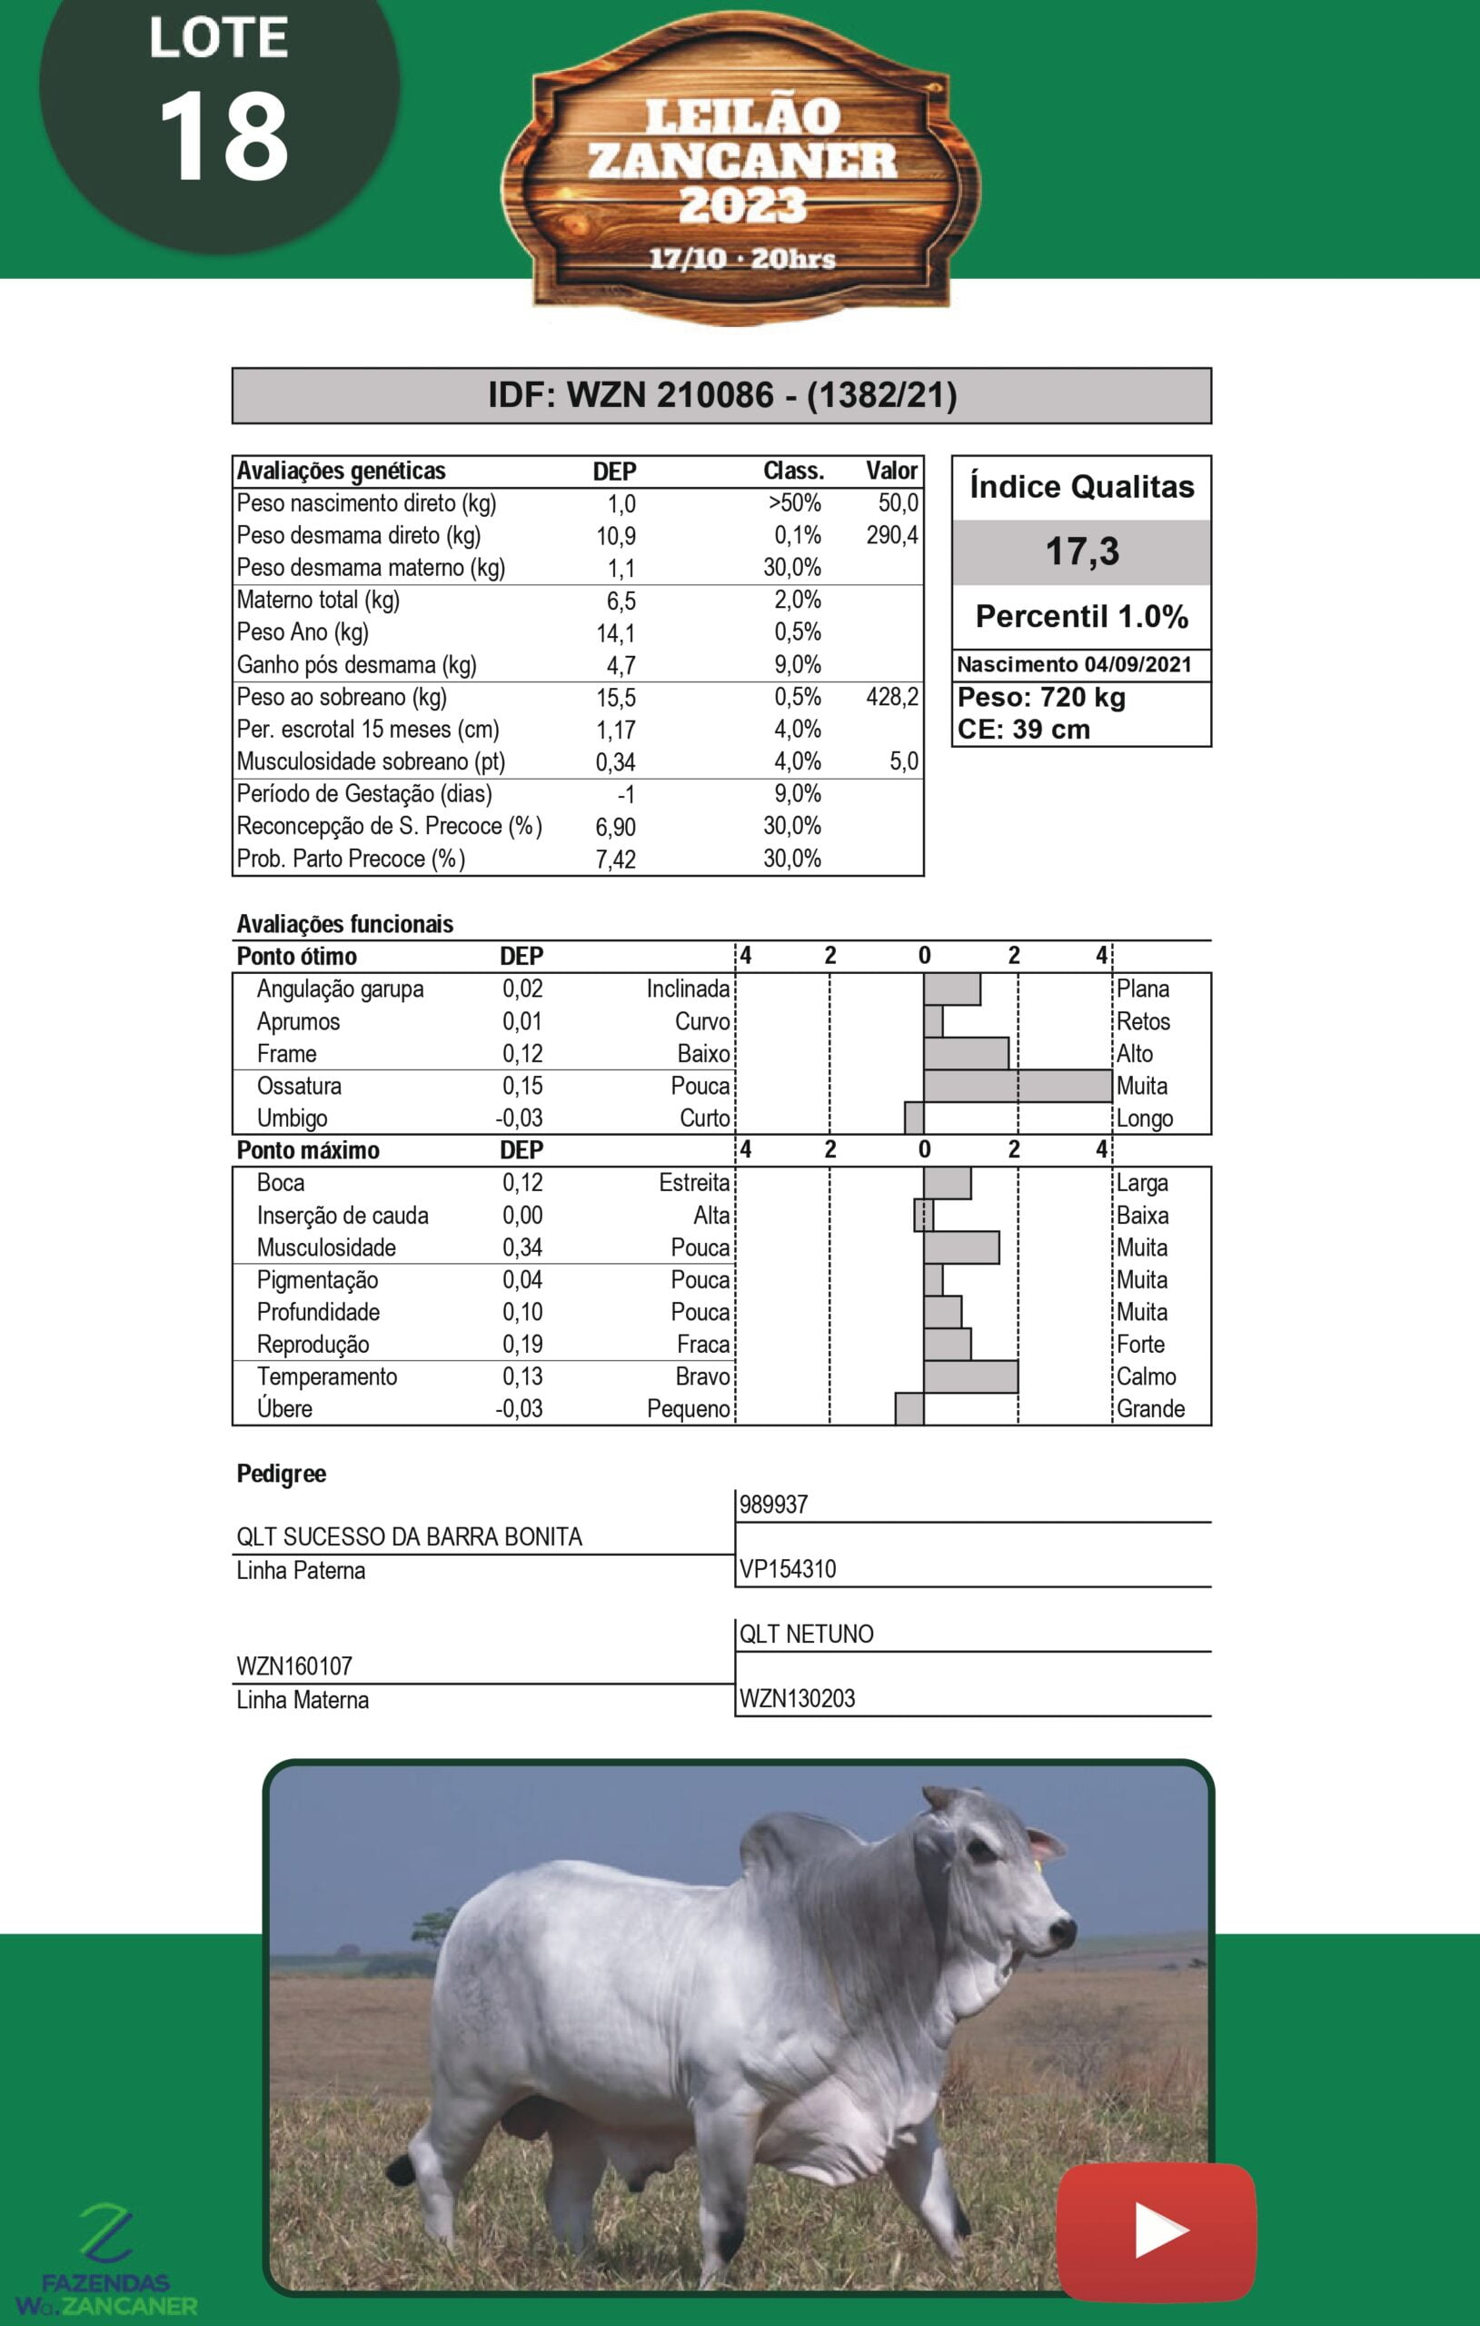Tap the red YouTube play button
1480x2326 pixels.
(1157, 2231)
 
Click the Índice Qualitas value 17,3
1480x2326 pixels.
(1081, 552)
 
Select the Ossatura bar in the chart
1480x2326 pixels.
(1017, 1086)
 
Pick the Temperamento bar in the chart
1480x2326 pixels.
(970, 1377)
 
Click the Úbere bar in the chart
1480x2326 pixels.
(909, 1408)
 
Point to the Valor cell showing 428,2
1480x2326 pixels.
(891, 698)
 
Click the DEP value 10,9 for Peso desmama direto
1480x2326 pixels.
(615, 536)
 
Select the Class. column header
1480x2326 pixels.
(793, 472)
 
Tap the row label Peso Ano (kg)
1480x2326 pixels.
(303, 632)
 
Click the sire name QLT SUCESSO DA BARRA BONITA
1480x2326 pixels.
(409, 1536)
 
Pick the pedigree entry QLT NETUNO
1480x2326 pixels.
(806, 1634)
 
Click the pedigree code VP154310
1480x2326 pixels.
(788, 1569)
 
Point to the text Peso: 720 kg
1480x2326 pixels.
(1040, 698)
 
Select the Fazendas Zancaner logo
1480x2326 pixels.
(106, 2261)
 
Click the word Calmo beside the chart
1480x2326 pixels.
(1146, 1377)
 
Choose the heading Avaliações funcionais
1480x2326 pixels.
(345, 924)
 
